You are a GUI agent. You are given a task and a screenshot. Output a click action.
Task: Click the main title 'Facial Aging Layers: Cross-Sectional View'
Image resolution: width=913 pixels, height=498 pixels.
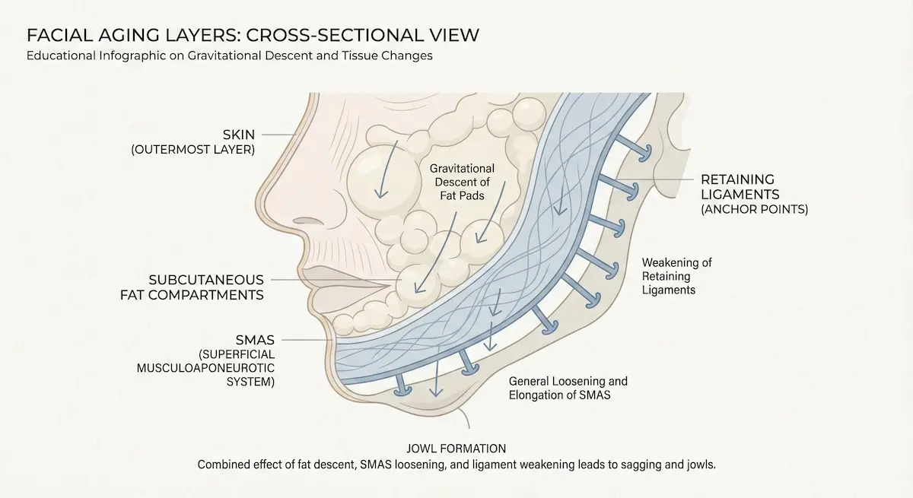coord(253,36)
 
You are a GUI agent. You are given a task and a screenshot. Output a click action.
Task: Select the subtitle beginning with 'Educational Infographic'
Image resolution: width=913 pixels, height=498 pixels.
coord(229,56)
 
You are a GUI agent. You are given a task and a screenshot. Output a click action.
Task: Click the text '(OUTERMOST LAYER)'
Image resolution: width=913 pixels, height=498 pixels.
coord(193,150)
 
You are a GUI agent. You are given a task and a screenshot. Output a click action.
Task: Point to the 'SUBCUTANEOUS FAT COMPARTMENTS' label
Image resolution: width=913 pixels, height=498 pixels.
coord(192,287)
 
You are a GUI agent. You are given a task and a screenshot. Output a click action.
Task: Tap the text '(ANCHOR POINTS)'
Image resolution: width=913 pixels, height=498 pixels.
coord(754,208)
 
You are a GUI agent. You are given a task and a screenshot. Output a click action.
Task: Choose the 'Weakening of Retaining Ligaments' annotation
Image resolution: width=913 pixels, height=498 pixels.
coord(676,276)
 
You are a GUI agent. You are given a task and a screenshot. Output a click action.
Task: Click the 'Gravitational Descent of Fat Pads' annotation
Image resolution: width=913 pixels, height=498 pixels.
coord(462,182)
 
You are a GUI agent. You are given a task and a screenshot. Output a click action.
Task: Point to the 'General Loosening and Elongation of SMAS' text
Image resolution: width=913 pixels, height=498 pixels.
coord(568,388)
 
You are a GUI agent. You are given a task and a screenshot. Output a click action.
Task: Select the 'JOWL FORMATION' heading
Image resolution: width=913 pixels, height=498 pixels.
coord(456,449)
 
